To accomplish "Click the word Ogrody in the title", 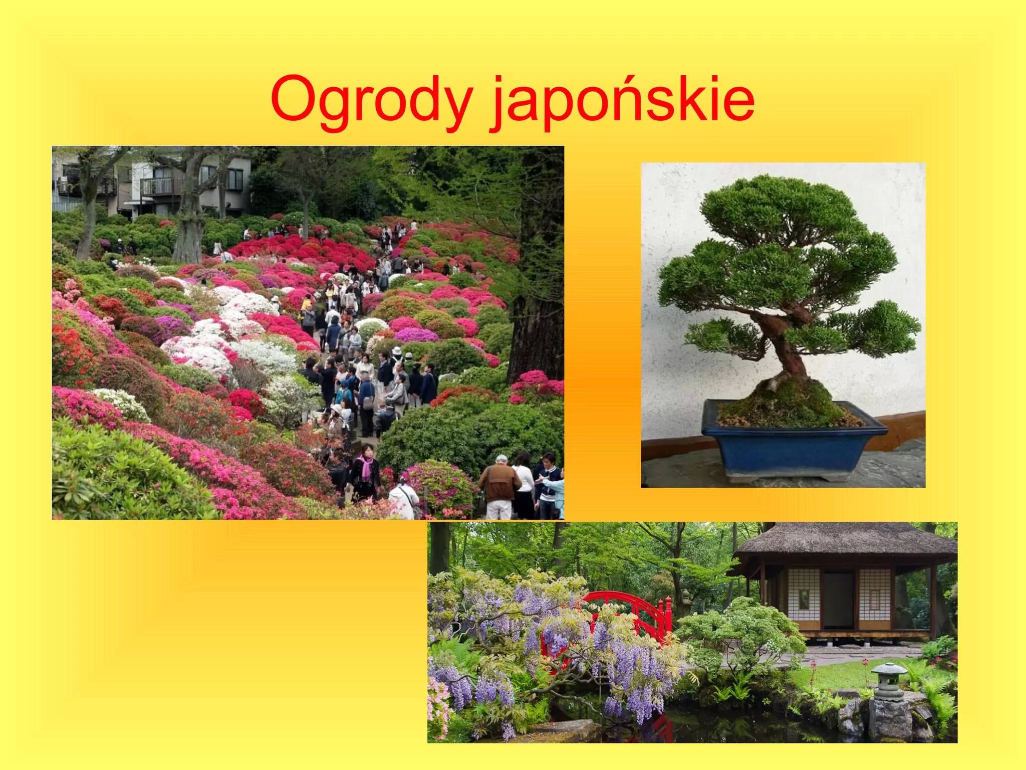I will point(371,100).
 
